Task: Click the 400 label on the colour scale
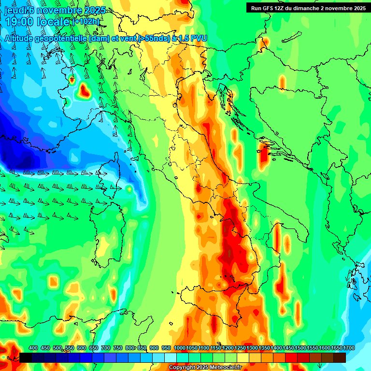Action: [33, 348]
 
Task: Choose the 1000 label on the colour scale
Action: [180, 348]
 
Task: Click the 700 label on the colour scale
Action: [106, 348]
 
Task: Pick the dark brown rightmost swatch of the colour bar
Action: [339, 357]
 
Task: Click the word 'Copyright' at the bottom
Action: [182, 368]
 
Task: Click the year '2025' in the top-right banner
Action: [358, 8]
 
